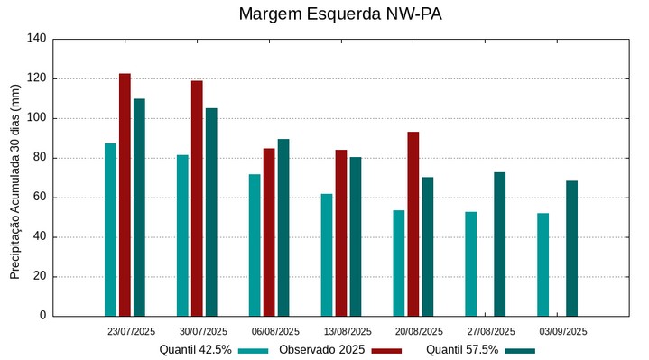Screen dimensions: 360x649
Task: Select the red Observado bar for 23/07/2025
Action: click(125, 195)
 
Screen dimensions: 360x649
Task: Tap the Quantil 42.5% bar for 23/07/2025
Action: click(110, 229)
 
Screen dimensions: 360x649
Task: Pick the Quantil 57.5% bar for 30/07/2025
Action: click(211, 212)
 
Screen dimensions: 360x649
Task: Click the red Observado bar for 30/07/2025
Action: click(197, 198)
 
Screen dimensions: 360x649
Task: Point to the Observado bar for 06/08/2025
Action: click(269, 232)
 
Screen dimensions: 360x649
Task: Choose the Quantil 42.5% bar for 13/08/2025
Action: click(327, 254)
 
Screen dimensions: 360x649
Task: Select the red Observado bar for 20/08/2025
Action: click(413, 224)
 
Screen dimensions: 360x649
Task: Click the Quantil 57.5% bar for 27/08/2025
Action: click(500, 244)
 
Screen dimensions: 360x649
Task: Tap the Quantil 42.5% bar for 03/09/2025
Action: click(542, 264)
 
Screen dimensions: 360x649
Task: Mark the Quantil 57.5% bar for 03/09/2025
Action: click(571, 248)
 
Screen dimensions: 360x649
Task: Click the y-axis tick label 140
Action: click(36, 39)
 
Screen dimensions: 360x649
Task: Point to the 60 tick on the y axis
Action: click(39, 198)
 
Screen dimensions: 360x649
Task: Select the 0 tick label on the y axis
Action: click(42, 316)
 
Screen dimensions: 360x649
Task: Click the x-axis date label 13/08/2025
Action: click(347, 331)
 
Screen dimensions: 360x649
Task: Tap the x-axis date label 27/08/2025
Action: click(491, 331)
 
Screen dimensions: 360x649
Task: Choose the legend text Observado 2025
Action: click(321, 350)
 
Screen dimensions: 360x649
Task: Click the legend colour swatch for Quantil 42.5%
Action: click(254, 351)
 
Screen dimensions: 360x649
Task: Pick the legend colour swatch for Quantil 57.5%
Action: click(520, 351)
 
